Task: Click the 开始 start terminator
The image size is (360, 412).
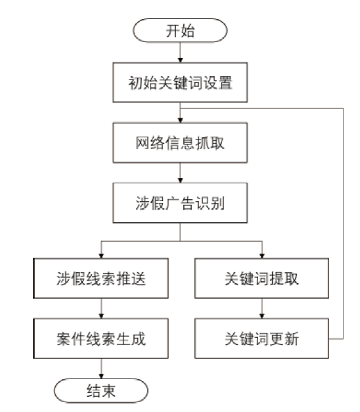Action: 180,30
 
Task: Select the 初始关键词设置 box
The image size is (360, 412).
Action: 180,82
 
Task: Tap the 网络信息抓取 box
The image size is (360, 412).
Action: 180,143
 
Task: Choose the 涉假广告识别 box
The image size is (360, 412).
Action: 180,203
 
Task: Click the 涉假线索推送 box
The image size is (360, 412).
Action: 101,278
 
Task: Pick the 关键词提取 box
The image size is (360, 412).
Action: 261,278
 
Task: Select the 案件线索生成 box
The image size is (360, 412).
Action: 101,338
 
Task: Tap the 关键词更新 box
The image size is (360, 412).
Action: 261,338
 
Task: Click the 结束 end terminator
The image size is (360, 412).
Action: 101,390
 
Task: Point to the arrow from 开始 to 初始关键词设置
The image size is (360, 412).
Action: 180,53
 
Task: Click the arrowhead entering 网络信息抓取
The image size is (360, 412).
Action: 180,120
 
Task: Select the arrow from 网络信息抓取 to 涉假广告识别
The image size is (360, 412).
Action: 180,173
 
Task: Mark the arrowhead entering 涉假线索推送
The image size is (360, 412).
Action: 101,256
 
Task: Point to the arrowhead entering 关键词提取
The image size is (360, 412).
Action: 261,256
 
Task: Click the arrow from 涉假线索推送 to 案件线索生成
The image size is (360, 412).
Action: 101,308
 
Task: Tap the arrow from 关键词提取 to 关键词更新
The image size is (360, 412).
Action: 261,308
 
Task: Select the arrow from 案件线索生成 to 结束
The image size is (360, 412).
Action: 101,369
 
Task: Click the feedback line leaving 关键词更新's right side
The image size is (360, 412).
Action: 343,223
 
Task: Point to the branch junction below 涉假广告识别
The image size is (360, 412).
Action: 180,241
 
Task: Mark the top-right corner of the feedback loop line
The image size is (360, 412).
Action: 343,108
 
